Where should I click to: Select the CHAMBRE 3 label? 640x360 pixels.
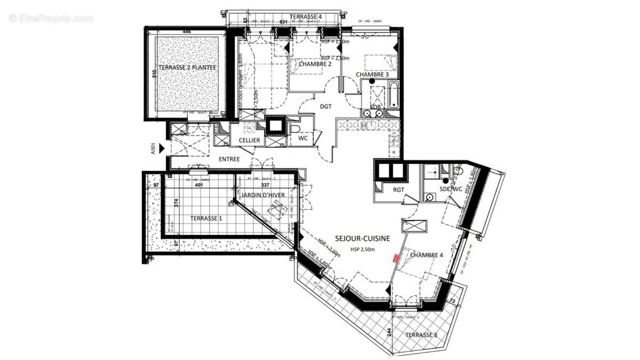pyautogui.click(x=372, y=75)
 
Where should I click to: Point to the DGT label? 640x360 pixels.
pyautogui.click(x=326, y=107)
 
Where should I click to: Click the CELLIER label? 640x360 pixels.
pyautogui.click(x=249, y=140)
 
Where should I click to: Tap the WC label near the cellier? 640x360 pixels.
pyautogui.click(x=303, y=139)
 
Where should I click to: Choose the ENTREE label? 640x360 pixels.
pyautogui.click(x=229, y=159)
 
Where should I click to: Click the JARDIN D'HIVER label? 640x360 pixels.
pyautogui.click(x=263, y=196)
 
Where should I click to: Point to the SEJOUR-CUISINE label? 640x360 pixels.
pyautogui.click(x=363, y=238)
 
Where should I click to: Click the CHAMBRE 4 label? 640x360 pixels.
pyautogui.click(x=426, y=255)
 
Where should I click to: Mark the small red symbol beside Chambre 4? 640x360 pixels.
pyautogui.click(x=395, y=258)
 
